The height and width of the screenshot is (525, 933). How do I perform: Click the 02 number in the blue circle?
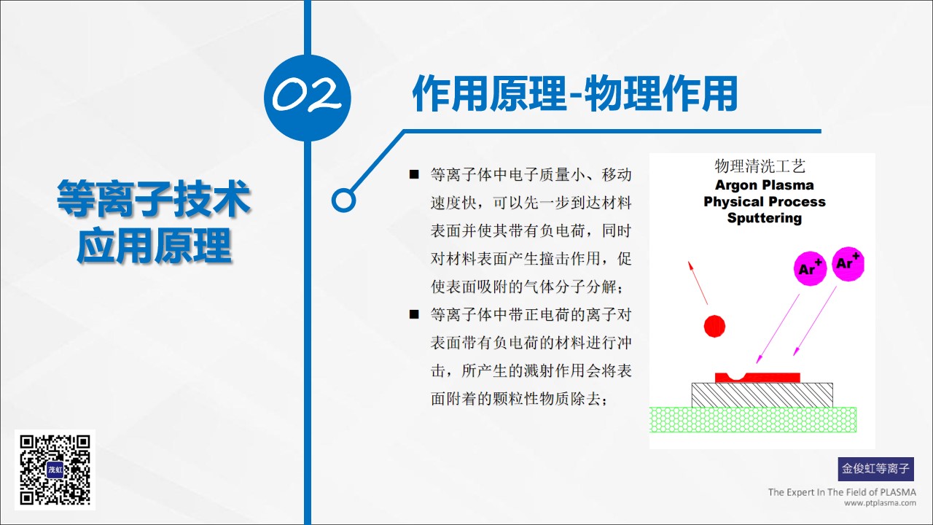coord(307,96)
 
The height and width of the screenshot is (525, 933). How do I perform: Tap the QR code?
coord(55,470)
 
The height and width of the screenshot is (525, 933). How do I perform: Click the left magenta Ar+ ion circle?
coord(810,268)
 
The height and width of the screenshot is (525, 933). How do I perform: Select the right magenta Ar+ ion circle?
coord(848,264)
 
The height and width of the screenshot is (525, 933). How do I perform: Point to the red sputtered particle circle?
coord(714,326)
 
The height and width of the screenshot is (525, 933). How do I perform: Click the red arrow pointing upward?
coord(698,282)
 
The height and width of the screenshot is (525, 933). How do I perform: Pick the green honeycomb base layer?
coord(753,419)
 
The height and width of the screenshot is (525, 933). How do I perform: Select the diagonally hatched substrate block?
coord(762,395)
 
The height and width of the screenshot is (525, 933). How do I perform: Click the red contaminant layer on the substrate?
coord(757,378)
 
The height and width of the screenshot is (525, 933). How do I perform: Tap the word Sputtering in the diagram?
coord(765,218)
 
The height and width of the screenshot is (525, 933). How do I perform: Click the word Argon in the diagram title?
coord(736,185)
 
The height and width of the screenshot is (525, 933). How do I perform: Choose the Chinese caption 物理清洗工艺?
coord(760,166)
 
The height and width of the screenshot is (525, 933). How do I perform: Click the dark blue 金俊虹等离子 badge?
coord(876,469)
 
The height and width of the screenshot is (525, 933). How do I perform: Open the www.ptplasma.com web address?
coord(880,503)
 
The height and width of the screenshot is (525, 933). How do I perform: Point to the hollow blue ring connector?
coord(343,200)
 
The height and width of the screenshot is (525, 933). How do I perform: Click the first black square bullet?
coord(414,174)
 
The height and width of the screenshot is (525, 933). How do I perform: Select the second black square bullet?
coord(414,314)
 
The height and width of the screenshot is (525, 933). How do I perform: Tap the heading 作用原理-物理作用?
coord(575,94)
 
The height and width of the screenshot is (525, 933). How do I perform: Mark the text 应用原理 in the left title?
coord(154,246)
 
